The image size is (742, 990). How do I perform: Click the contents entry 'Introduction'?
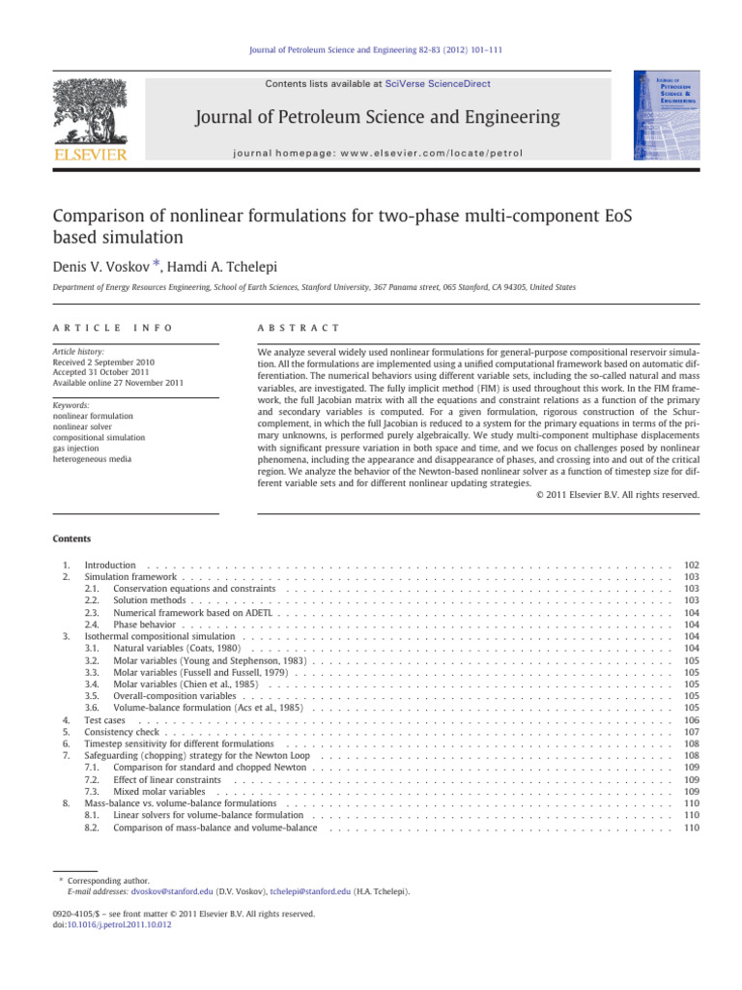(x=109, y=564)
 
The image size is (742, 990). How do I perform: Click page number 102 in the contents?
(x=691, y=564)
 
